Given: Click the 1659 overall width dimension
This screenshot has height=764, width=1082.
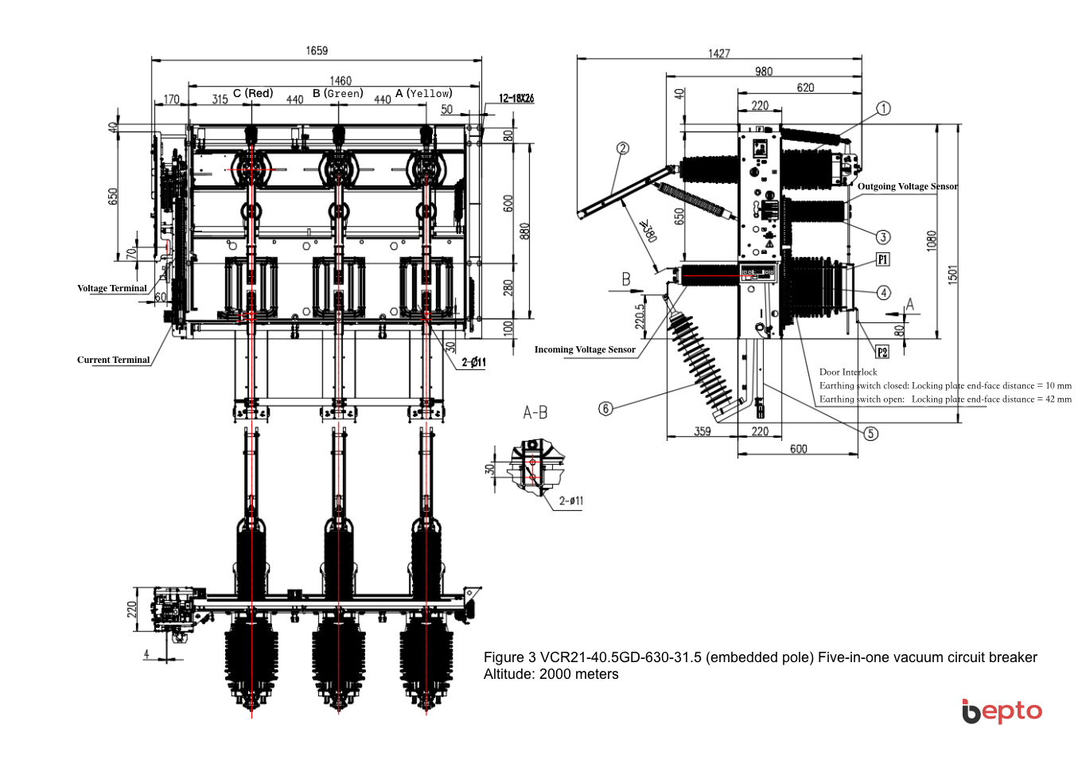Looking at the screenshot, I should pos(317,51).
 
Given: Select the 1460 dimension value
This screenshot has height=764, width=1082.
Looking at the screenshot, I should pos(341,81).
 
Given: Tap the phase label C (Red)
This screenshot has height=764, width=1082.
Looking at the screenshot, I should pos(253,93).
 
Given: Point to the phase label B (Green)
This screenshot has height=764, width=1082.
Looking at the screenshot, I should pos(337,93).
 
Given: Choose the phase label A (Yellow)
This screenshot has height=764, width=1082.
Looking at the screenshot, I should pos(423,93).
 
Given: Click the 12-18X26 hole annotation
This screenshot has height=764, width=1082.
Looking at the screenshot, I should pos(516,99).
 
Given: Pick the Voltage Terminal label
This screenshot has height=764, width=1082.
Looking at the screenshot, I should pos(112,288).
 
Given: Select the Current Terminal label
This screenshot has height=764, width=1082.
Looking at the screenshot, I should pos(113,360).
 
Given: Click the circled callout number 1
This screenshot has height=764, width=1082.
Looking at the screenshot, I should pos(883,108).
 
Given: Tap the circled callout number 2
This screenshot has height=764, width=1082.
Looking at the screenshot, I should pos(623,148).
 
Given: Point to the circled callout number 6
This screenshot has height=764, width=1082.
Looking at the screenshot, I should pos(605,408).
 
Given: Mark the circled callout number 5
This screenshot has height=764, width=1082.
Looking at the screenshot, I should pos(871,433).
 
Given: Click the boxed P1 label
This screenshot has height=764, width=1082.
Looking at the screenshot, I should pos(882,259).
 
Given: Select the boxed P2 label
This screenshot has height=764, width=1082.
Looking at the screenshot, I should pos(882,352).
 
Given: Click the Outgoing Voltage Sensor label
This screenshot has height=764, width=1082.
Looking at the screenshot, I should pos(907,186).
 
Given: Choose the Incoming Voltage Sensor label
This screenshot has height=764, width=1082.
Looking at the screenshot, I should pos(585,349).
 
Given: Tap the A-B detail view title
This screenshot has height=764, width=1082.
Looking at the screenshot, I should pos(535,412).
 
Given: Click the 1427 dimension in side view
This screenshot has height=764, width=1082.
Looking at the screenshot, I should pos(718,53).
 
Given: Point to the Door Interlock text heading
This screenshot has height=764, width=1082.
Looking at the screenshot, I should pos(848,372).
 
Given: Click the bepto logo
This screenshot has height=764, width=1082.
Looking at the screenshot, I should pos(1002,711).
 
